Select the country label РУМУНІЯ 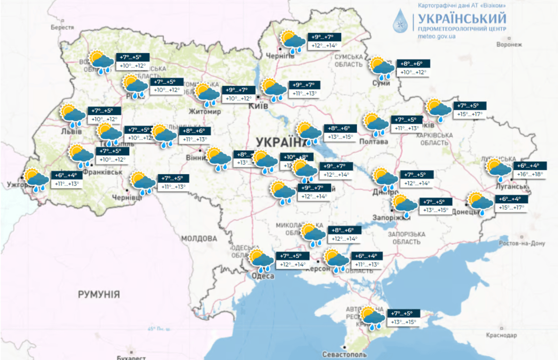pos(99,295)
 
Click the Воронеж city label pos(509,45)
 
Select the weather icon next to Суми pos(383,68)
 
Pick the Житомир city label pos(204,112)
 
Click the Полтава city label pos(374,142)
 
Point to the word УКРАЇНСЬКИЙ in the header pos(461,18)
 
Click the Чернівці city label pos(127,198)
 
